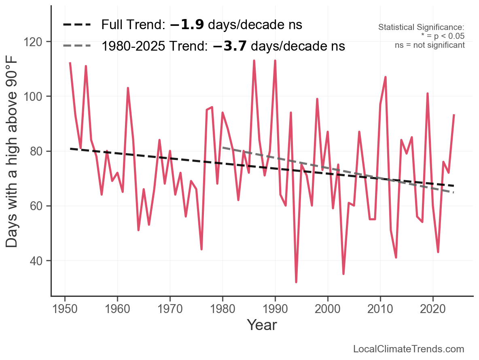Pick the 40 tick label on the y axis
pos(39,261)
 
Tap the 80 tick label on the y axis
pos(39,151)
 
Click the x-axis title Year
pos(262,325)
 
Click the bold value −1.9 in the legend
pos(187,25)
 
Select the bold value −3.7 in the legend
pos(230,46)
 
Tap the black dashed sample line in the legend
pos(77,25)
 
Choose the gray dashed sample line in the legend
pos(77,46)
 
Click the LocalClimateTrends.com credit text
pos(409,349)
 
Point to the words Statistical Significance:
pos(421,28)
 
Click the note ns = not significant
pos(430,45)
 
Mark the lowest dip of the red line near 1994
pos(296,282)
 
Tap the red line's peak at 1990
pos(275,61)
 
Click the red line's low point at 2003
pos(343,274)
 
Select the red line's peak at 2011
pos(386,77)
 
